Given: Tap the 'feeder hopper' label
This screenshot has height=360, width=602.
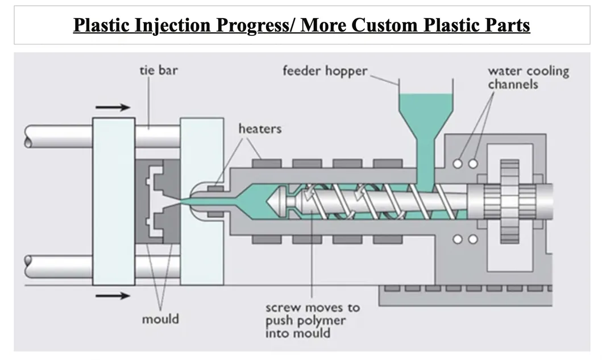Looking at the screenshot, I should click(x=325, y=72).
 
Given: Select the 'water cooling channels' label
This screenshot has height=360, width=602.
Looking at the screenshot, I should click(x=528, y=77).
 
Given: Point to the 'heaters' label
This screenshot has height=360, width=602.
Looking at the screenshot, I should click(x=259, y=129).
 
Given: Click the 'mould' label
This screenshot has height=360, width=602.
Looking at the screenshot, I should click(x=160, y=318).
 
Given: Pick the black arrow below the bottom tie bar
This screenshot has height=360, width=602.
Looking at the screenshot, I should click(x=113, y=295).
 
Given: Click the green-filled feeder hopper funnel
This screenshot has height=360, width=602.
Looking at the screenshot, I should click(x=425, y=114).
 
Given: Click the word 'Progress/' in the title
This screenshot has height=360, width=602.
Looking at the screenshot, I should click(x=261, y=26).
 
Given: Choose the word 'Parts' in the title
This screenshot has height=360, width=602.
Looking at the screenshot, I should click(x=506, y=26).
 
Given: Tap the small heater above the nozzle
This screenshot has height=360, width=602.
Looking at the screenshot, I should click(x=215, y=188).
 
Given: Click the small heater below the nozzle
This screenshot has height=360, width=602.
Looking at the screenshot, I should click(x=215, y=214).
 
